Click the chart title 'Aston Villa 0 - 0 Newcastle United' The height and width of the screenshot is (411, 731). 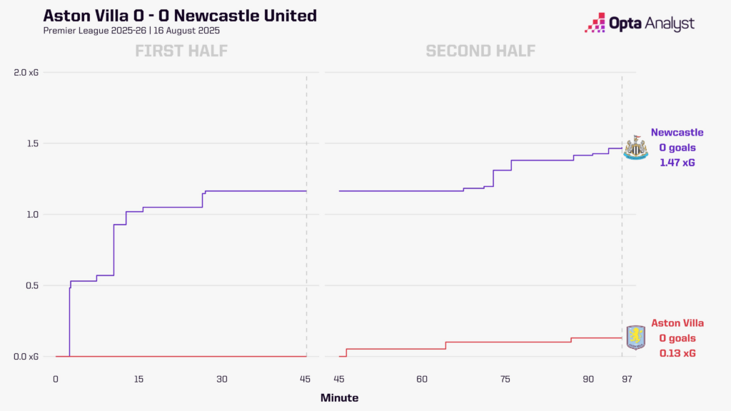coord(181,16)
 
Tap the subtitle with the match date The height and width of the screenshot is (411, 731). coord(132,31)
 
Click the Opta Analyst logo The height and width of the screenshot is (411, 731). coord(639,24)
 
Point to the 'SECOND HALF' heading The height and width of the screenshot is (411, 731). coord(480,51)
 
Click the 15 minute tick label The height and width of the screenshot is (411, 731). coord(138,378)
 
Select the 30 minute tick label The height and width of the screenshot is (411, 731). coord(221,378)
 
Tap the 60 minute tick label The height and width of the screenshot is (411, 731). coord(422,378)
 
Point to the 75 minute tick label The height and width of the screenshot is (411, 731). coord(505,378)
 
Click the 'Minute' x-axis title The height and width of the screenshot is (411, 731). coord(339,397)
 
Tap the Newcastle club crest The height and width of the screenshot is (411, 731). coord(635,148)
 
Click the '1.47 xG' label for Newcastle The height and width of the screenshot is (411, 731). coord(677,163)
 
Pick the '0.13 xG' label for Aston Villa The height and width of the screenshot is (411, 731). coord(677,353)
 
